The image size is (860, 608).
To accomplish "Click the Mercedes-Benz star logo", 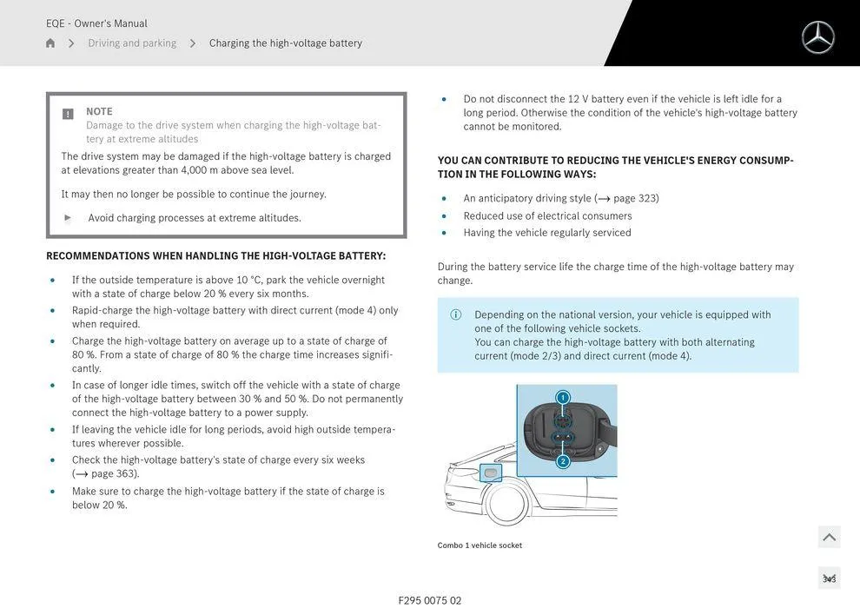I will tap(817, 37).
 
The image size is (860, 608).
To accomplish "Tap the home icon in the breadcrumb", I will tap(50, 43).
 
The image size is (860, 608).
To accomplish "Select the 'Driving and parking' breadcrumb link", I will tap(132, 43).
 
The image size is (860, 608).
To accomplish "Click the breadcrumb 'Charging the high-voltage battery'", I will tap(285, 43).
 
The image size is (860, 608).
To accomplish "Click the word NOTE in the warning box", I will tap(99, 111).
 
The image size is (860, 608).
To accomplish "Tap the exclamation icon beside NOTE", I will tap(68, 114).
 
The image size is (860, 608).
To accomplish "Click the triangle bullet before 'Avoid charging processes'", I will tap(69, 218).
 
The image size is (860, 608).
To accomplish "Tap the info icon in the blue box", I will tap(456, 315).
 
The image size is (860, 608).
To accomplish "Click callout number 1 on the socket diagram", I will tap(562, 398).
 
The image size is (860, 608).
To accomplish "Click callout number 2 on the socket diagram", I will tap(562, 461).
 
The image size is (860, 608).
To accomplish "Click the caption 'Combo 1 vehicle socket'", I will tap(480, 545).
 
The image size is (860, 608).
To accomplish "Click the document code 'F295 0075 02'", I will tap(430, 600).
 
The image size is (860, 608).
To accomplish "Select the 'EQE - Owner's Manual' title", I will tap(96, 23).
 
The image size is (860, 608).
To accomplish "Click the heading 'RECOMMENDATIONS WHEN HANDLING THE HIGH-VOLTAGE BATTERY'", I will tap(215, 256).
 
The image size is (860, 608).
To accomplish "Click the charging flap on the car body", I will tap(492, 473).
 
